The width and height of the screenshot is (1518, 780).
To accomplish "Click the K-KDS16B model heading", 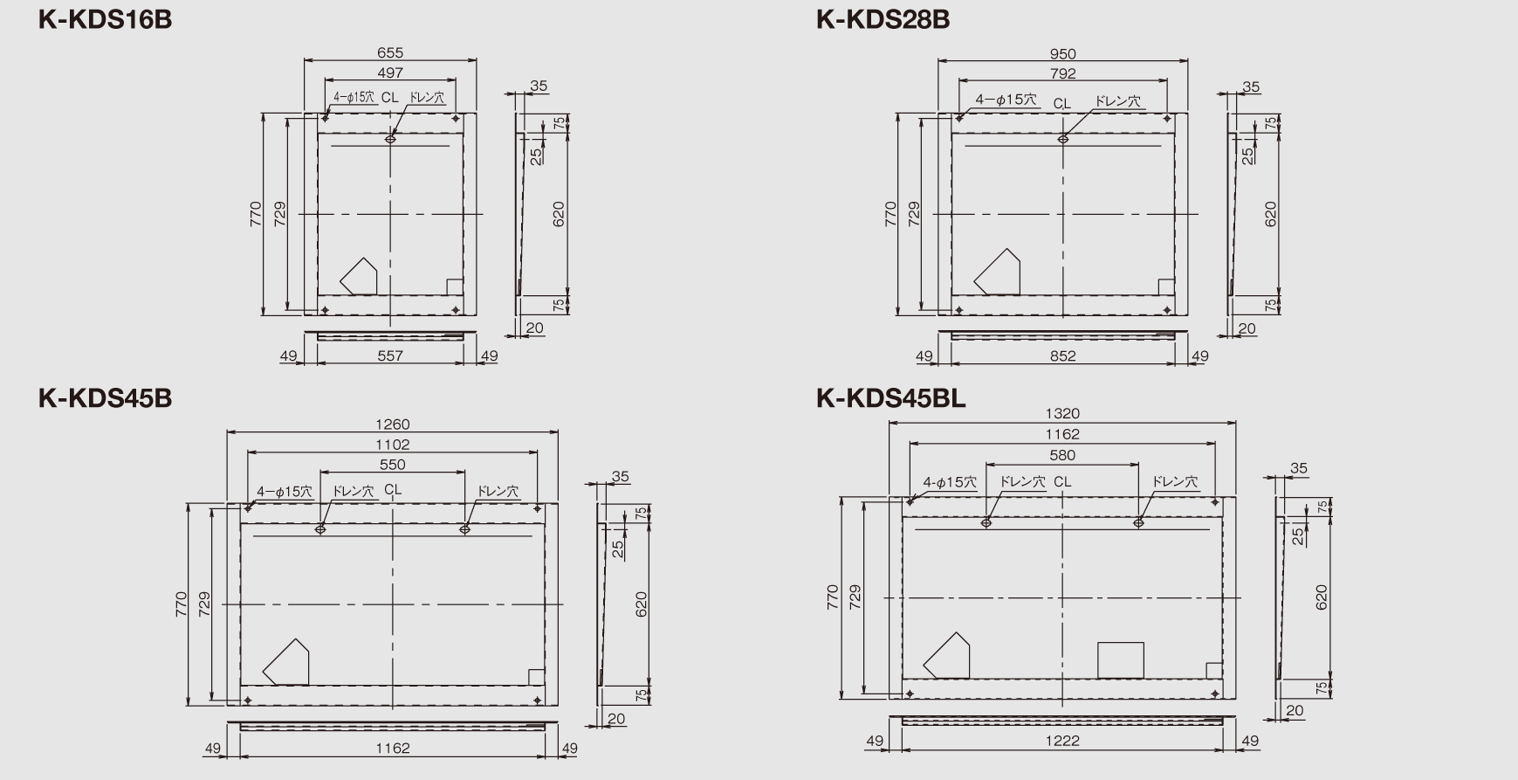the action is [106, 19].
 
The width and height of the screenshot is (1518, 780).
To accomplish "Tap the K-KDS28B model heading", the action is [883, 19].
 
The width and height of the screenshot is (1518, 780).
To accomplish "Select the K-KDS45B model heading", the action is [106, 398].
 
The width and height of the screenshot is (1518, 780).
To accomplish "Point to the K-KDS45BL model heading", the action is [890, 398].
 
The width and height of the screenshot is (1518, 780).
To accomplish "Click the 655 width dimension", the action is [390, 53].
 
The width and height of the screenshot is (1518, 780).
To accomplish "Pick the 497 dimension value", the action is [390, 72].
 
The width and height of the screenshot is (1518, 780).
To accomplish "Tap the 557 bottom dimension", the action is [390, 355].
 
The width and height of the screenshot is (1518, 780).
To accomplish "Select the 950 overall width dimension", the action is [1063, 54].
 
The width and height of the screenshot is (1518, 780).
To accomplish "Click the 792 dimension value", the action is [1063, 73].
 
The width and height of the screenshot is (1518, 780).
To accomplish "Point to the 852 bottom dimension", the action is [1063, 355].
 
